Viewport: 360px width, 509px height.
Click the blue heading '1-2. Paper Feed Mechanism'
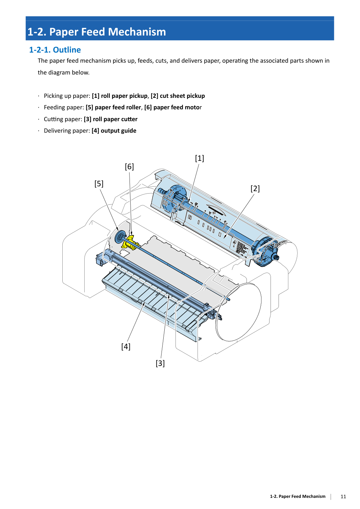tap(96, 32)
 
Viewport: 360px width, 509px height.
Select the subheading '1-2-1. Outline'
tap(55, 50)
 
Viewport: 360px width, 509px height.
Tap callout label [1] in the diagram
tap(199, 158)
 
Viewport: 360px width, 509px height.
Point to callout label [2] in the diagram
tap(255, 188)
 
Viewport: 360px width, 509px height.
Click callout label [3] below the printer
tap(160, 363)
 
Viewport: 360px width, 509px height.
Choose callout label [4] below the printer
tap(126, 346)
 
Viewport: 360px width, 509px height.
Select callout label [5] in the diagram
tap(99, 183)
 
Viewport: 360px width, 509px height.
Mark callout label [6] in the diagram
tap(129, 166)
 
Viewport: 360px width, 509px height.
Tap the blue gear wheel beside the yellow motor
tap(121, 237)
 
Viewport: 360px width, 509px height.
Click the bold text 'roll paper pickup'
tap(124, 96)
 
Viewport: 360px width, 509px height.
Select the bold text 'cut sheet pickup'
tap(182, 96)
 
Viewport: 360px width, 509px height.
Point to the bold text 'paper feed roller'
tap(118, 107)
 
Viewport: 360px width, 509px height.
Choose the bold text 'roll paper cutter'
tap(115, 119)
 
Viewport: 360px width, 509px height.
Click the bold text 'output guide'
tap(118, 131)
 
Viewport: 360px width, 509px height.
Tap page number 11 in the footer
tap(343, 496)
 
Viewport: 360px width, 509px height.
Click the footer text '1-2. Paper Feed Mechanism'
tap(297, 496)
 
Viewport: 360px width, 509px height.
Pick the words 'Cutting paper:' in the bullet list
tap(63, 119)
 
